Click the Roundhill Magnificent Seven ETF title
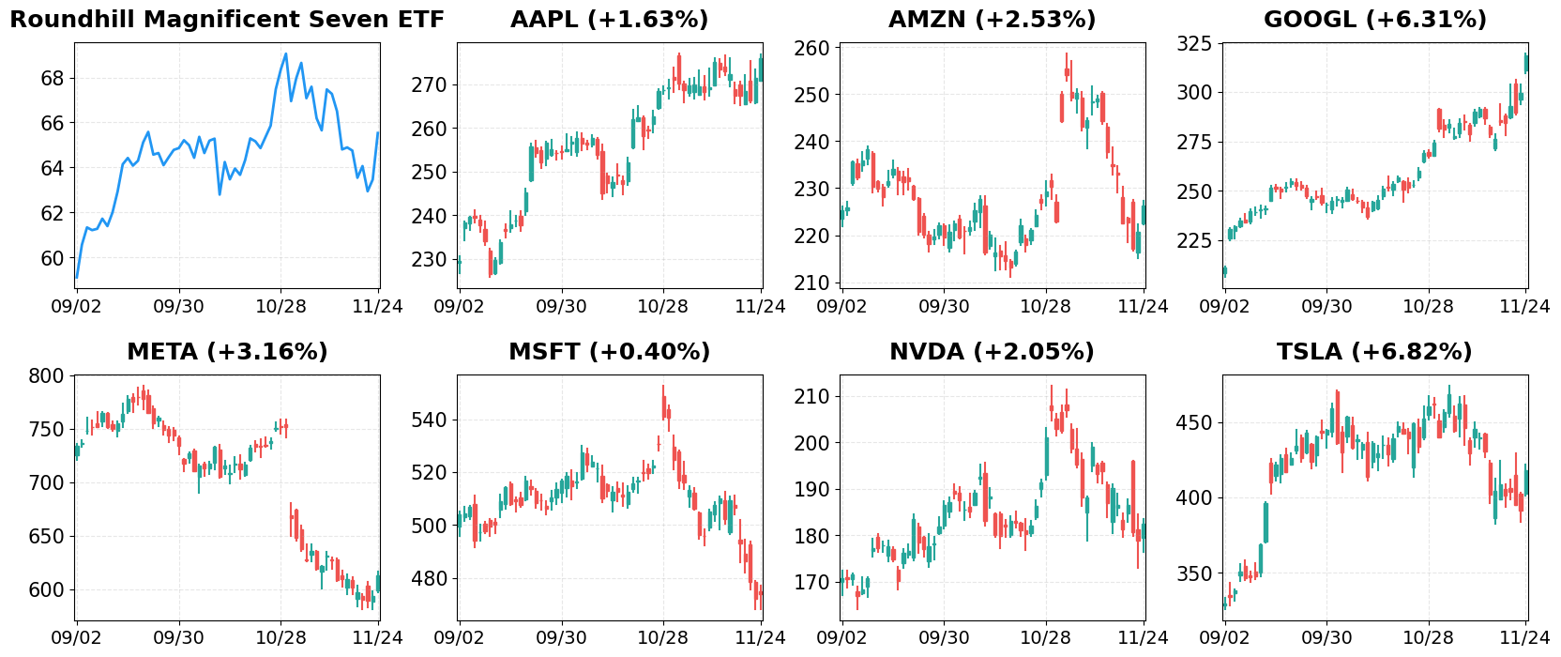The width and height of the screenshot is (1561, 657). point(227,20)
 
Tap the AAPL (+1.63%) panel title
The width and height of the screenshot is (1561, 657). point(609,20)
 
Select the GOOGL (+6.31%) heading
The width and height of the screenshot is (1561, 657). point(1374,20)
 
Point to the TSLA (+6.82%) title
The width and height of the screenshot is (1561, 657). point(1374,352)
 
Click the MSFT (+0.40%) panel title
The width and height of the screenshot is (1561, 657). point(609,352)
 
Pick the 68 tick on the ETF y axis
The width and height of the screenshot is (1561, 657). point(53,78)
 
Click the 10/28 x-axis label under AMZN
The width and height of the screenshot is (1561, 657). point(1045,306)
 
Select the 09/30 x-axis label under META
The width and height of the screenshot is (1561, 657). point(178,638)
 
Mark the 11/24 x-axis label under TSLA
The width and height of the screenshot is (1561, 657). point(1524,638)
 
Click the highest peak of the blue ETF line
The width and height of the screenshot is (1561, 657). point(285,53)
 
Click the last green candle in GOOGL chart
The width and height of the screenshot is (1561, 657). point(1526,63)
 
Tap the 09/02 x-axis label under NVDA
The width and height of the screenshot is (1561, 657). point(841,638)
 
